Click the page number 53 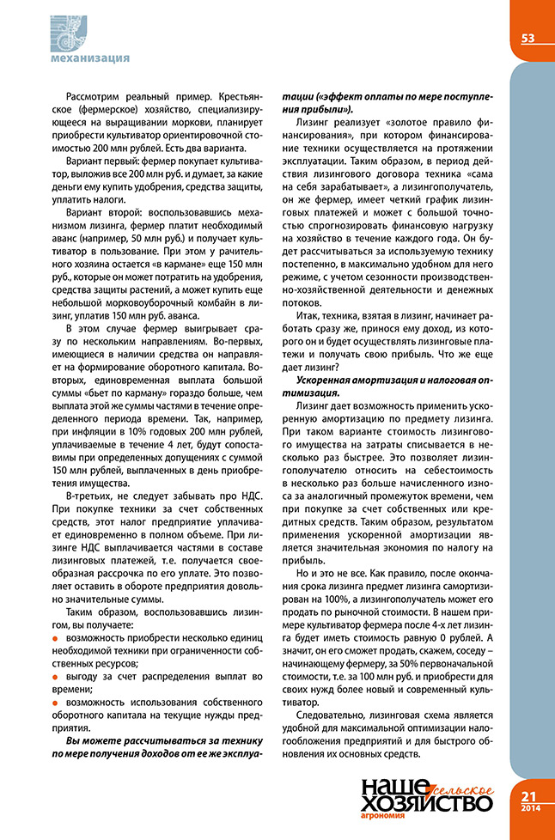coord(528,37)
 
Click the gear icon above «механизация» coord(73,30)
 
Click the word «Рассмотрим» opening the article coord(93,100)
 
